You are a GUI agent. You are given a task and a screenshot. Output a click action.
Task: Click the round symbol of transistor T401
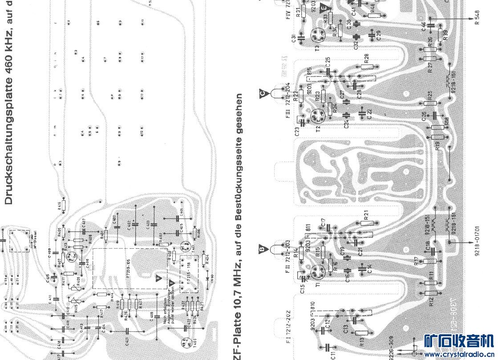pyautogui.click(x=184, y=343)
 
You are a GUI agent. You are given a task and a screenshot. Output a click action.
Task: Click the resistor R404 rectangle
pyautogui.click(x=205, y=258)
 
